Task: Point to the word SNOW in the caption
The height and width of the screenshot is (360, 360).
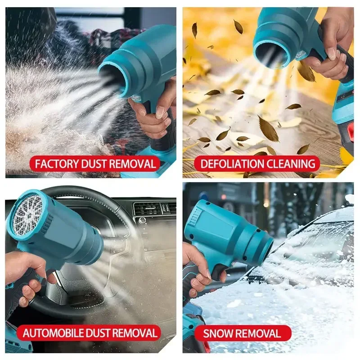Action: click(x=218, y=333)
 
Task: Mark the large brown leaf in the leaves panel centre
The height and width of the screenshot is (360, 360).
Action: click(x=268, y=129)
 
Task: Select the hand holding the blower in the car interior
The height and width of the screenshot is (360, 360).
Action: click(x=25, y=279)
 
